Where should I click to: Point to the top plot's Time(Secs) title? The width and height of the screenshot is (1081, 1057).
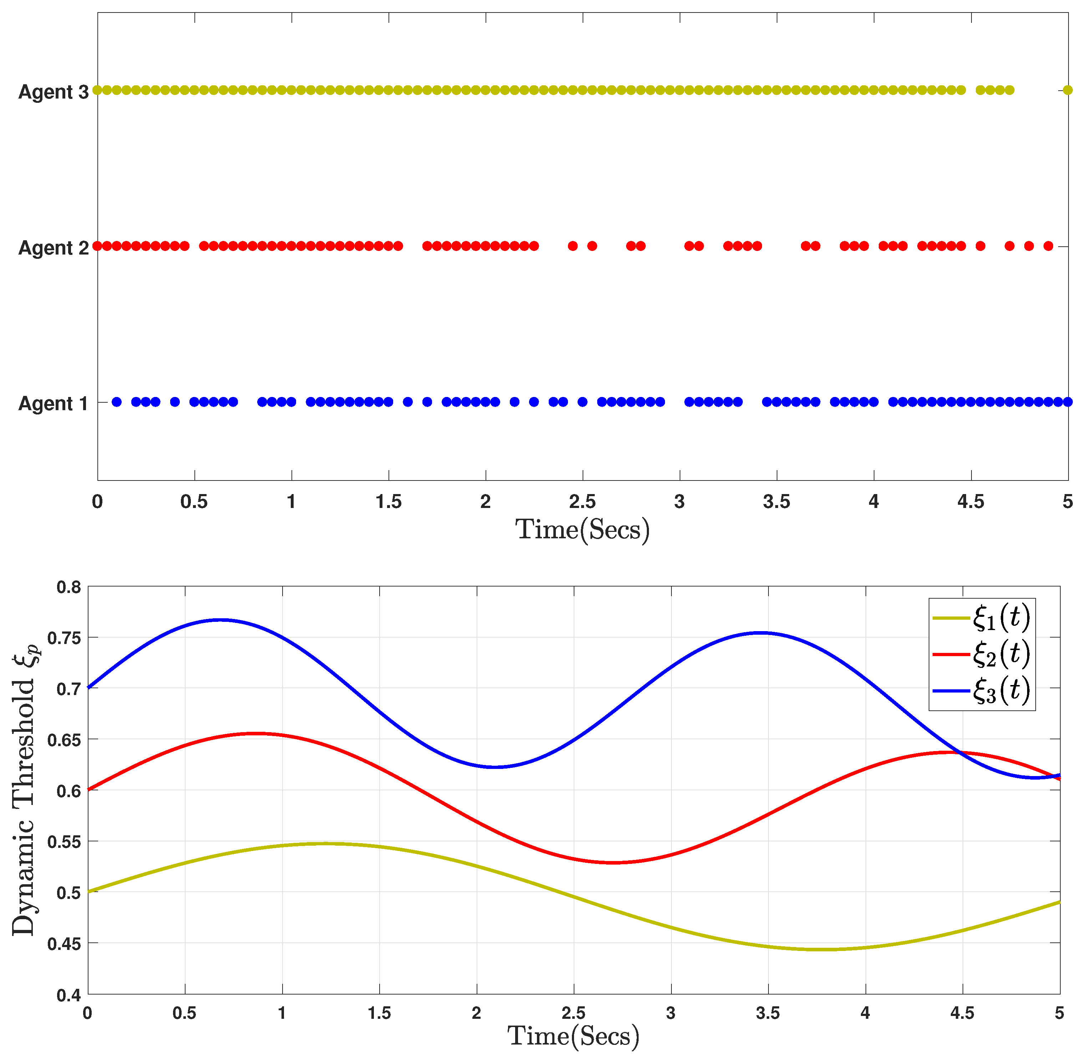click(x=583, y=530)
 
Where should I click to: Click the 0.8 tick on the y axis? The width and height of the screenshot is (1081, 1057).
click(x=69, y=587)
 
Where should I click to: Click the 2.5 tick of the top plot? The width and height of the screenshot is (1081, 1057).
click(x=583, y=502)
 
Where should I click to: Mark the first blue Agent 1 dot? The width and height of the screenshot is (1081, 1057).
click(x=117, y=402)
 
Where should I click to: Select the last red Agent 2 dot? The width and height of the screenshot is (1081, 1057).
click(x=1048, y=246)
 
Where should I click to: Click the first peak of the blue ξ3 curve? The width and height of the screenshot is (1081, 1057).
click(x=220, y=620)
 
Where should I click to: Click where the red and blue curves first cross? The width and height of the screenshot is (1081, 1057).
click(x=958, y=753)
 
